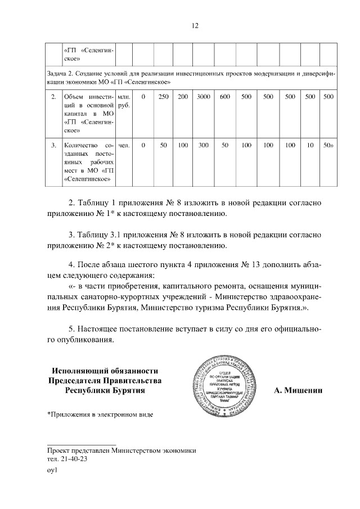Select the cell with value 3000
(x=204, y=97)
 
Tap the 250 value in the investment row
(x=163, y=97)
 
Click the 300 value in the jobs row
(x=204, y=146)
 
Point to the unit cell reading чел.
(x=125, y=146)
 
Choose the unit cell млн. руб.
(x=125, y=101)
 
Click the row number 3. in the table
(x=53, y=146)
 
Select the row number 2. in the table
(x=53, y=97)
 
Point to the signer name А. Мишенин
(x=298, y=390)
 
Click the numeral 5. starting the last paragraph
(x=71, y=328)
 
